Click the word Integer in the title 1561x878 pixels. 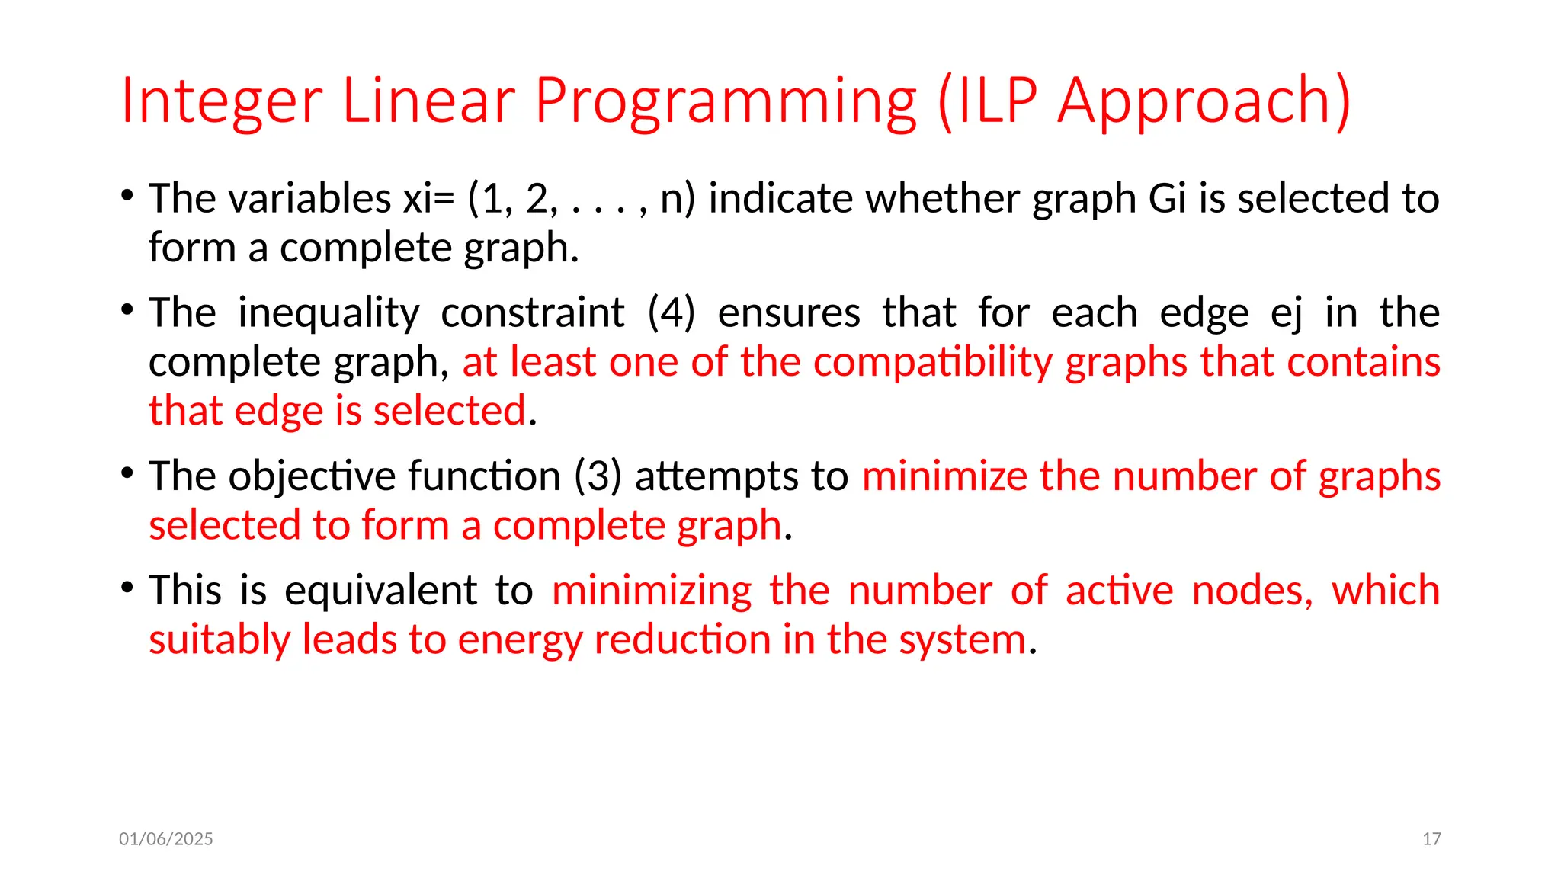[222, 101]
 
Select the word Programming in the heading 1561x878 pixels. [725, 101]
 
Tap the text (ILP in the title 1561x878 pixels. [987, 101]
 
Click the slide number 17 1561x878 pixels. [1431, 839]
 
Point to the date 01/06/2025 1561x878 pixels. [166, 839]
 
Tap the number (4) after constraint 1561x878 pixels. [671, 313]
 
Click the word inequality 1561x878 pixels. [329, 313]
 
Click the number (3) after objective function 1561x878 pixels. [598, 476]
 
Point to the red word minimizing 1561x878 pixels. [652, 591]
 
